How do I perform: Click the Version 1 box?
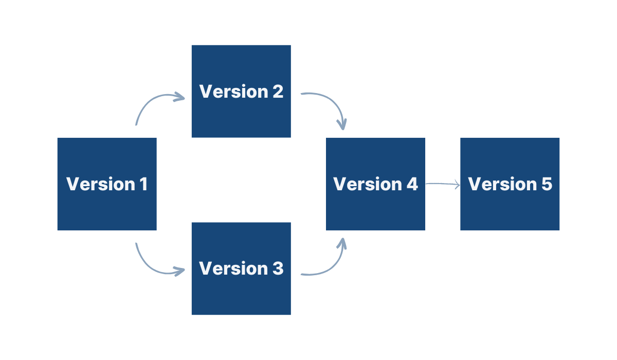(107, 206)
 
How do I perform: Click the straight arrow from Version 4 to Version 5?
(442, 184)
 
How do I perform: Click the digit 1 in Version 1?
(143, 184)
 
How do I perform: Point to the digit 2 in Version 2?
(277, 92)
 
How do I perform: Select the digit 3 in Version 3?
(277, 268)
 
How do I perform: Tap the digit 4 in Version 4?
(412, 184)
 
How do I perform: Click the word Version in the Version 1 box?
(100, 184)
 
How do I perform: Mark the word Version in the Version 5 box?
(502, 184)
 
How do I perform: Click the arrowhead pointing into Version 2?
(180, 97)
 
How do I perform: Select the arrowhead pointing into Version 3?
(180, 271)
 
